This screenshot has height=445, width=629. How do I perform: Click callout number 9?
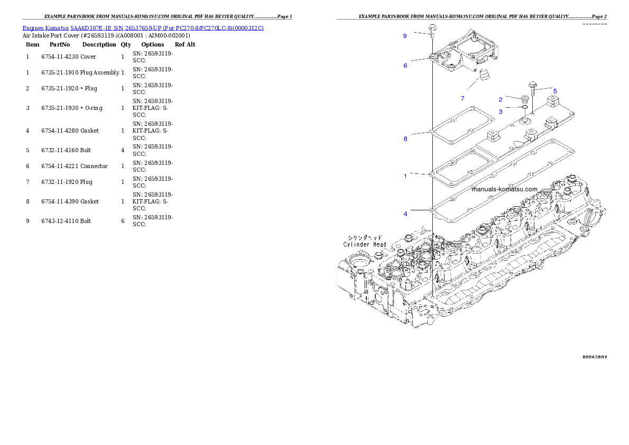[x=405, y=36]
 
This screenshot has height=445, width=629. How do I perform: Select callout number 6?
[x=405, y=66]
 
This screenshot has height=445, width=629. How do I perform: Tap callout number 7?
[x=462, y=98]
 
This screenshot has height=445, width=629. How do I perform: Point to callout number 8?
[x=405, y=139]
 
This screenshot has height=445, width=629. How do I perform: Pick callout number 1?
[x=405, y=176]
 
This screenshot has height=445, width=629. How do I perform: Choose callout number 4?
[x=405, y=214]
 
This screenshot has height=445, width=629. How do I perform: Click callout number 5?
[x=555, y=91]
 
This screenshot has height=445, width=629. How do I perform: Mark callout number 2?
[x=501, y=99]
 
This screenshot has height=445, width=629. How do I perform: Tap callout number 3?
[x=501, y=112]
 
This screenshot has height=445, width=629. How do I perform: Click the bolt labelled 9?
[x=432, y=30]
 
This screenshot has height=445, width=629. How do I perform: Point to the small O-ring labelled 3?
[x=524, y=107]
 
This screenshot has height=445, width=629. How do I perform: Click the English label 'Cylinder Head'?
[x=365, y=245]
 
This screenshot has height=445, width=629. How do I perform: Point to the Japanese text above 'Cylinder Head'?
[x=365, y=238]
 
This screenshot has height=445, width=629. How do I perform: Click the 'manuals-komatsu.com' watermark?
[x=504, y=189]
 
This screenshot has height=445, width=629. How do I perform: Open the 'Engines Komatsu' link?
[x=45, y=27]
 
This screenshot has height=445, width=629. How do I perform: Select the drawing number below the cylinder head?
[x=594, y=357]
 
